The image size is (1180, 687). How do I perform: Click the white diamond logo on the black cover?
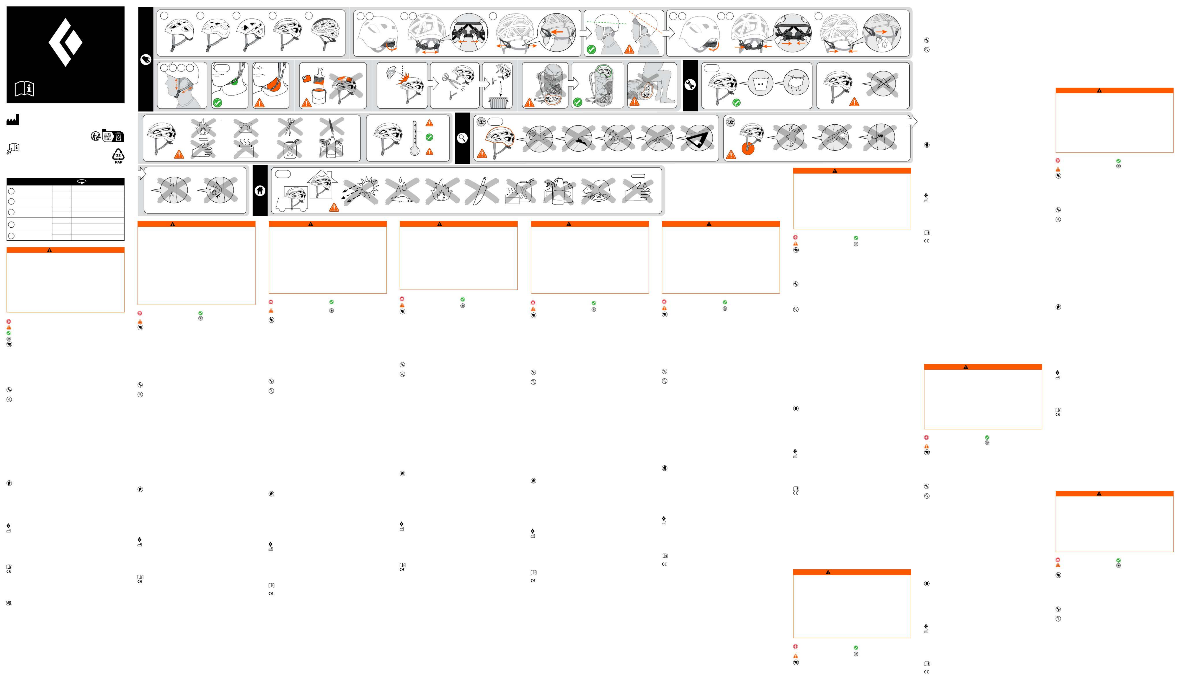click(x=65, y=42)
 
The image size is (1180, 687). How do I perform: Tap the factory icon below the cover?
click(x=12, y=120)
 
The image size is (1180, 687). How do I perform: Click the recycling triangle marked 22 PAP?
click(x=118, y=155)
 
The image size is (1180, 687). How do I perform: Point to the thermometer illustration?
click(x=415, y=138)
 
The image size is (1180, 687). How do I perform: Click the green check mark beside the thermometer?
click(x=429, y=137)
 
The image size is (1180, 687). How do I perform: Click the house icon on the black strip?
click(x=260, y=191)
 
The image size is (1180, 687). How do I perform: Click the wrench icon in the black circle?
click(x=690, y=85)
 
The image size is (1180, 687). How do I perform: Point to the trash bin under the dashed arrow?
click(x=497, y=102)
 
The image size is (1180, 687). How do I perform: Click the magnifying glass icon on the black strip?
click(x=462, y=138)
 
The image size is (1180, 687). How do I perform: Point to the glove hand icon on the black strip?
click(x=146, y=59)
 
